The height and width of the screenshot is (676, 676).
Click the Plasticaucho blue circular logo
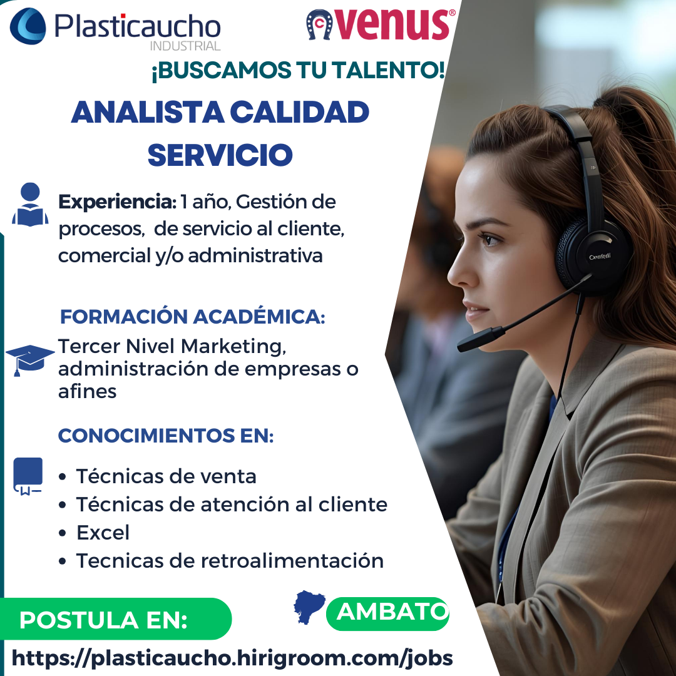pyautogui.click(x=28, y=26)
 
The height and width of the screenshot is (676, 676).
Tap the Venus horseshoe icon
pyautogui.click(x=319, y=25)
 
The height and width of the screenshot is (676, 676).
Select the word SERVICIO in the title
pyautogui.click(x=220, y=155)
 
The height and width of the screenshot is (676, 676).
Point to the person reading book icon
pyautogui.click(x=30, y=204)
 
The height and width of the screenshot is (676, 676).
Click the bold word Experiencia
pyautogui.click(x=117, y=202)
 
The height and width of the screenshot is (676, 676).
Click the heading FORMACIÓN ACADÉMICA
pyautogui.click(x=192, y=317)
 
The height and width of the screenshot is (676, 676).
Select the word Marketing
pyautogui.click(x=233, y=347)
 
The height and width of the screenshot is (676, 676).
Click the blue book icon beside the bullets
pyautogui.click(x=28, y=476)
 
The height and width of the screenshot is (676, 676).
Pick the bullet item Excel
pyautogui.click(x=103, y=533)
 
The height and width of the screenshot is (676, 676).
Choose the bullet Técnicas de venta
pyautogui.click(x=166, y=476)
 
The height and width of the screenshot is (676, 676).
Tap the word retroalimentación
pyautogui.click(x=292, y=561)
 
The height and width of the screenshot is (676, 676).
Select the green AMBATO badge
pyautogui.click(x=387, y=613)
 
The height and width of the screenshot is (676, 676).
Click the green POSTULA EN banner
pyautogui.click(x=116, y=619)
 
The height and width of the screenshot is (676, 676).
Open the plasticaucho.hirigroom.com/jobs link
pyautogui.click(x=232, y=658)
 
